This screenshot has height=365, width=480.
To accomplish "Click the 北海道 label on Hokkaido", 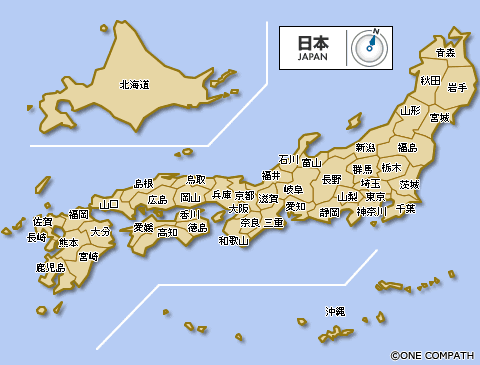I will pos(133,86).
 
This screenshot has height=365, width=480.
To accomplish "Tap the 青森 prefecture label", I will pos(445,52).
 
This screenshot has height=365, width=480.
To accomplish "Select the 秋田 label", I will pos(430,79).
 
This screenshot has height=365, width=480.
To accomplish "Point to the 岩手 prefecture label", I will pos(459,88).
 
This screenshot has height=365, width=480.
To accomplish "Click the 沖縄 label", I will pos(335,312).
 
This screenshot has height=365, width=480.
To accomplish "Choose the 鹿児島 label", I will pos(50,268).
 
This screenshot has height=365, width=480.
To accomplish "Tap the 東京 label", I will pos(377,196).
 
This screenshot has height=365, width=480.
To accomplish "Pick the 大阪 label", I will pos(239,209).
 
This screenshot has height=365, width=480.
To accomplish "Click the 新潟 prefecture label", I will pos(365,148).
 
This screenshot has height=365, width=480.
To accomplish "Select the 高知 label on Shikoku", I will pos(167,232).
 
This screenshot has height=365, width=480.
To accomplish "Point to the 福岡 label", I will pos(78,214).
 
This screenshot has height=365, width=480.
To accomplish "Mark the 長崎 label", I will pos(37,238).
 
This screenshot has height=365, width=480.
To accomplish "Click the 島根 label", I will pos(144,183).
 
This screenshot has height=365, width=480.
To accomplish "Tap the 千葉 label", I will pos(405,209).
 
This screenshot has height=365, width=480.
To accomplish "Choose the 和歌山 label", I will pos(233,240).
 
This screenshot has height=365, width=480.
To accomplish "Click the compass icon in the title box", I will pos(373,46).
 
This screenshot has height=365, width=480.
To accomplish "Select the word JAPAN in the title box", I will pos(312,57).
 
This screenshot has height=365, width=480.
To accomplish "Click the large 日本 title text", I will pos(312,43).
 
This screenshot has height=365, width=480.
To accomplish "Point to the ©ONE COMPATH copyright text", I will pos(433,354).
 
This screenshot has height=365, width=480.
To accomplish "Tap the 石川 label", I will pos(288,160).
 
